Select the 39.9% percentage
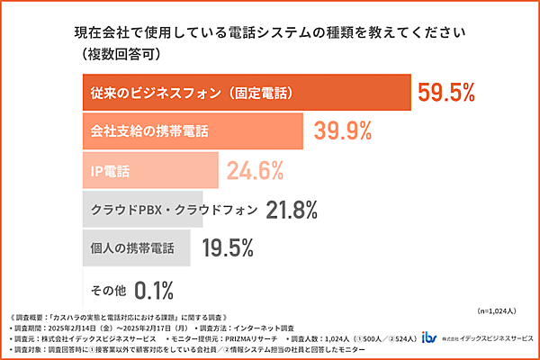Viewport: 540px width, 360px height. [x=343, y=130]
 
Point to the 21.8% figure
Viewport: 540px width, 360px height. [x=292, y=210]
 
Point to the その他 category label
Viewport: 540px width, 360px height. [x=108, y=290]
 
